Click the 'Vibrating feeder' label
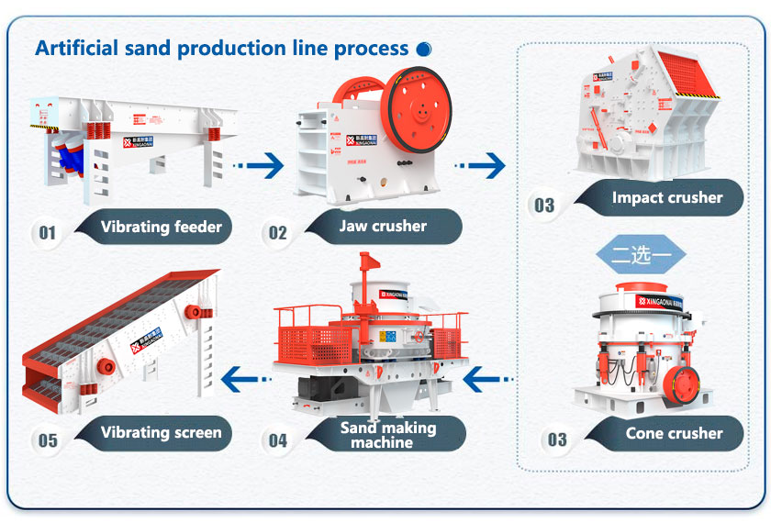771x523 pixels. tap(162, 227)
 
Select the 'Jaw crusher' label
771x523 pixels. tap(383, 227)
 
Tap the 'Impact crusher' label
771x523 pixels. tap(667, 197)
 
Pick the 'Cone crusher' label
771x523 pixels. tap(674, 433)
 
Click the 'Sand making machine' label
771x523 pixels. tap(387, 435)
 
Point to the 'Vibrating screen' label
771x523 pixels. tap(162, 432)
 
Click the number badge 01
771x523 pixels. tap(47, 233)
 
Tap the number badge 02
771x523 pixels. tap(277, 233)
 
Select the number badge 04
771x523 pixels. tap(277, 441)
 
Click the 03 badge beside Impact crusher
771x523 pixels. tap(544, 204)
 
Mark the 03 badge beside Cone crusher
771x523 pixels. tap(557, 440)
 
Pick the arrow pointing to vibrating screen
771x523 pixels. tap(248, 376)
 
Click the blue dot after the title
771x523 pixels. tap(423, 49)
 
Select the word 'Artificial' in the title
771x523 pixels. tap(73, 48)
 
